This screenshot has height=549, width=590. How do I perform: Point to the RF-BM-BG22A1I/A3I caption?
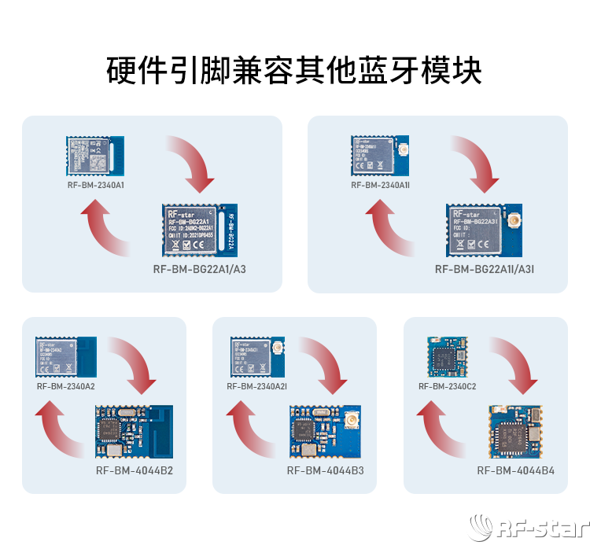[x=485, y=269]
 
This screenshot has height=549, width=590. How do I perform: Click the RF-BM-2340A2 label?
[x=65, y=385]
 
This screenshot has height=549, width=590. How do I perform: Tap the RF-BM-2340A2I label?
[x=256, y=386]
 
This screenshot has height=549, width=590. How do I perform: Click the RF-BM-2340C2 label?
[x=447, y=386]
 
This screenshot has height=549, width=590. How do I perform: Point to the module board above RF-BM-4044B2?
[x=134, y=431]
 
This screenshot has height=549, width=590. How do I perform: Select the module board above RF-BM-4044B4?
[x=515, y=432]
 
